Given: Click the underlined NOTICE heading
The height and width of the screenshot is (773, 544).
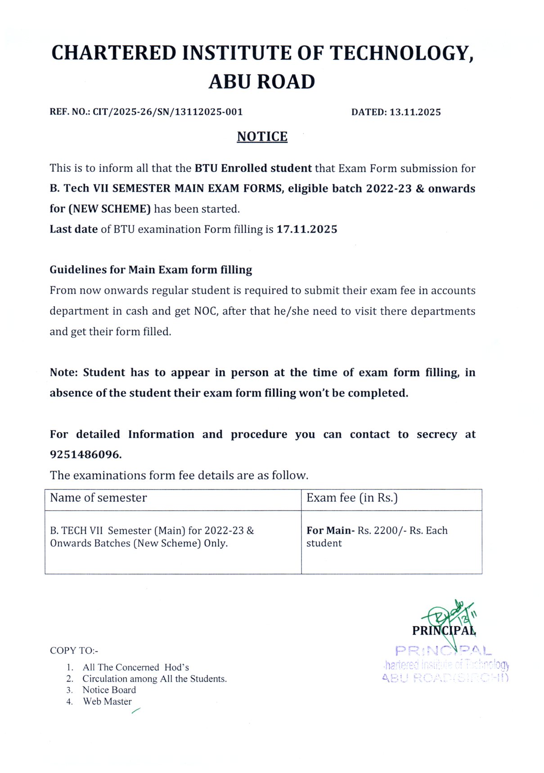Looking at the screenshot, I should coord(262,136).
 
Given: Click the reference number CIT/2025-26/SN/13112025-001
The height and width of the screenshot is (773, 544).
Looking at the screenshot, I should coord(167,112).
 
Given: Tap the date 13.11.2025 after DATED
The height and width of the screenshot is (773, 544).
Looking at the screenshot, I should coord(415,112).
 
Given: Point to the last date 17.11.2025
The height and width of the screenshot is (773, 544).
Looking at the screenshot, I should coord(306,229).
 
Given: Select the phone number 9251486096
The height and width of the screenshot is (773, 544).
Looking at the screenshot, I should coord(85,455).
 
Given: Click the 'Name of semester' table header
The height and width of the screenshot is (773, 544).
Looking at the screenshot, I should coord(98,498).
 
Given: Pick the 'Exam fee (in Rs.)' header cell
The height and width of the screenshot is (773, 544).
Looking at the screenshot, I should coord(352,498).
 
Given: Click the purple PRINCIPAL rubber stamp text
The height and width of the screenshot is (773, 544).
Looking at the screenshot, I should coord(443,651).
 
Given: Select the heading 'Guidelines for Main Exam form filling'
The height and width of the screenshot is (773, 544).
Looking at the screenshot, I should coord(151,270).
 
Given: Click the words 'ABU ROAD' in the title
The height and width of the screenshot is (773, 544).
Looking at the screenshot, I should coord(261,82).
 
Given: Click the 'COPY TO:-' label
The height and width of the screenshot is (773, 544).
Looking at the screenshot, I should coord(74,651).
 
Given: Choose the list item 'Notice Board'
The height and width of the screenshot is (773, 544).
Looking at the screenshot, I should coord(109,690).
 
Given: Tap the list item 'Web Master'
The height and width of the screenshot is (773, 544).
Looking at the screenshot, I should coord(107,702).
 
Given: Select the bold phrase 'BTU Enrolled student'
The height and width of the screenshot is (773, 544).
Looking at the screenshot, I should coord(253,168).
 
